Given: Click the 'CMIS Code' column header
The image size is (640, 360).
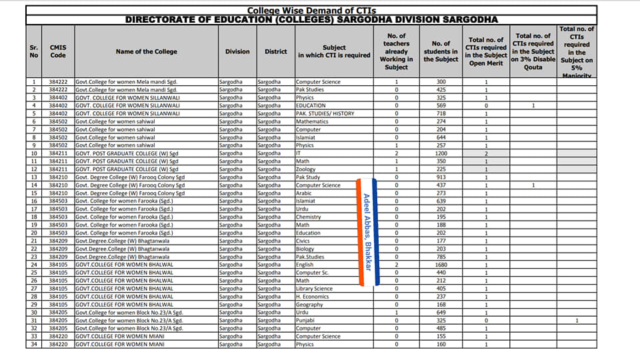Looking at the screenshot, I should [x=58, y=51].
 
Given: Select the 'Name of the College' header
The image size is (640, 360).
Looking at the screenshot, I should [x=146, y=51].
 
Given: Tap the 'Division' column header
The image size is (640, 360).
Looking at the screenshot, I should [x=237, y=51].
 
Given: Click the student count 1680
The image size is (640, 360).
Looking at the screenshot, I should [x=441, y=265].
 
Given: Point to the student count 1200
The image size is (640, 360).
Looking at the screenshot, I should [x=441, y=153].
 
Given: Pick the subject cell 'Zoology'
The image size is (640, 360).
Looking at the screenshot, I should [x=307, y=169].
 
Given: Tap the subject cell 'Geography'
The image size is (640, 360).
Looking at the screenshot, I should [x=309, y=305].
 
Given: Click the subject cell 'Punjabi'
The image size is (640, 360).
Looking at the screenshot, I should [x=306, y=321].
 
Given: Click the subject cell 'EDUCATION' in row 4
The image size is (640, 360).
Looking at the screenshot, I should [x=311, y=105].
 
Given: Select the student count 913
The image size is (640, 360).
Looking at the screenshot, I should [x=441, y=177].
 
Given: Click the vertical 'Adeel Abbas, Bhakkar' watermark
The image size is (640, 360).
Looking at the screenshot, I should [x=367, y=231].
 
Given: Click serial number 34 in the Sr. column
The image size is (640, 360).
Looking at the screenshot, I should [x=33, y=345].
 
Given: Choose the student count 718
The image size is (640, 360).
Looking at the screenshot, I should [x=441, y=113].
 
